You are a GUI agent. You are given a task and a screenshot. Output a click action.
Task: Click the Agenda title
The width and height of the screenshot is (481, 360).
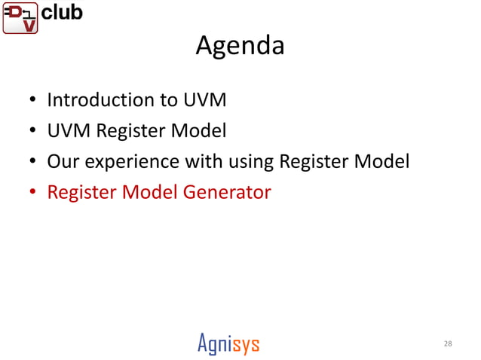[x=240, y=46]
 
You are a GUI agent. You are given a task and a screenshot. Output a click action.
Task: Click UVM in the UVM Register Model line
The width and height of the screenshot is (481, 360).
[x=69, y=131]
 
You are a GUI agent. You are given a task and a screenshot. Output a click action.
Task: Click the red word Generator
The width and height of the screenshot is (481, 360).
[x=227, y=193]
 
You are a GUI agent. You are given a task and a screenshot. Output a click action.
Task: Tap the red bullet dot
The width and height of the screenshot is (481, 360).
[x=32, y=194]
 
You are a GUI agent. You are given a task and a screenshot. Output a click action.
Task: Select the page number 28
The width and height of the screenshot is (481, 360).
[x=448, y=344]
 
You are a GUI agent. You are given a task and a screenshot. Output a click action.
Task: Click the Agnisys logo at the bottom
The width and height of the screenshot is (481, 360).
[x=228, y=344]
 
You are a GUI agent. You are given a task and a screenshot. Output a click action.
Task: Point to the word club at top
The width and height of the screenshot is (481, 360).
[x=62, y=12]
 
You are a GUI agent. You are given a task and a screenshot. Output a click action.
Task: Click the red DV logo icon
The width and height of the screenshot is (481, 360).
[x=20, y=17]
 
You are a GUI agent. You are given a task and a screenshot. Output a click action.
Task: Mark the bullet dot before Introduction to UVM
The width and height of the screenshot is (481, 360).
[x=32, y=101]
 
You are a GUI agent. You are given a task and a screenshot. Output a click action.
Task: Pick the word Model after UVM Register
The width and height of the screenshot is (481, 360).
[x=199, y=131]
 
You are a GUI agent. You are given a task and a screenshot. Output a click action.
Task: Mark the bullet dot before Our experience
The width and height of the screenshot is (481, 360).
[x=32, y=163]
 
